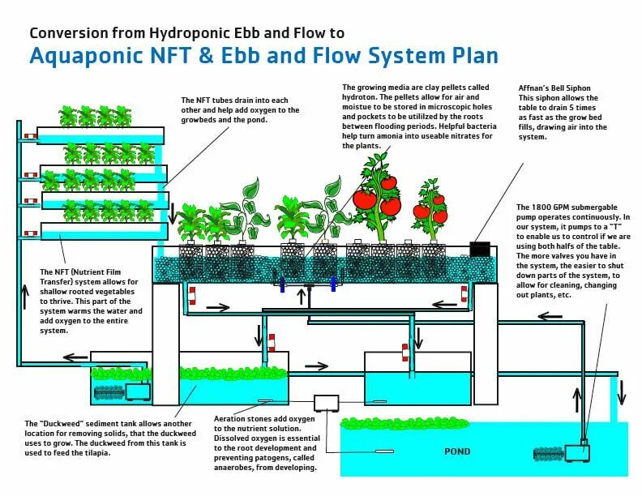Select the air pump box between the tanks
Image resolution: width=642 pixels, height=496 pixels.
point(328,403)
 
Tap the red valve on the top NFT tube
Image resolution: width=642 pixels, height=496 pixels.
point(30,135)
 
